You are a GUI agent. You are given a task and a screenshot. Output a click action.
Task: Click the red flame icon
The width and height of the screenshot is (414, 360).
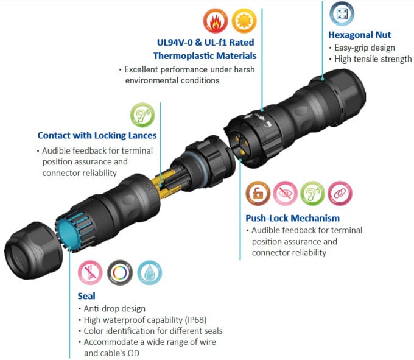coord(216,21)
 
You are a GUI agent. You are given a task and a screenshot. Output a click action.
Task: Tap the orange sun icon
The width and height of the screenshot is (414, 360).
coord(244,21)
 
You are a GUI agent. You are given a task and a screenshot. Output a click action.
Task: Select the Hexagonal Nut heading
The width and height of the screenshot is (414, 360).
coord(359,35)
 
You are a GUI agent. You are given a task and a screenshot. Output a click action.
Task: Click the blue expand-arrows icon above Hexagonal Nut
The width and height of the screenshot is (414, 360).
coord(342,13)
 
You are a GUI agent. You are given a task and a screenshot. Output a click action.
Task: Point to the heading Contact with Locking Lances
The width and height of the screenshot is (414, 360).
coord(97,135)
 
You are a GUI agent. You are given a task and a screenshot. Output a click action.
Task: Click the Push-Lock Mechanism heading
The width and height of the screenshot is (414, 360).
coord(293,218)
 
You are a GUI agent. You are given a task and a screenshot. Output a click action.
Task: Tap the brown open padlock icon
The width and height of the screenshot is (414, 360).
coord(258,194)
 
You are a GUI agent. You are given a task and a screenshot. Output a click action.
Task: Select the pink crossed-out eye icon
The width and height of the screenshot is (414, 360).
coord(285,194)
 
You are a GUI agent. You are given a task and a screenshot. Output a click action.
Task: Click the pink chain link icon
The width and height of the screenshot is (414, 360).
coord(340,194)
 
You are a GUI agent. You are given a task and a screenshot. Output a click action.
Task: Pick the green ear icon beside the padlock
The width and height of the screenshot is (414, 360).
coord(312,194)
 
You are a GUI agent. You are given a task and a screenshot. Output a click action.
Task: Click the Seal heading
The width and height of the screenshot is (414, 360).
coord(86,296)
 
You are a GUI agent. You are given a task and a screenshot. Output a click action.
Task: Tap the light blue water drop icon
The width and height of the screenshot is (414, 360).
coord(150,273)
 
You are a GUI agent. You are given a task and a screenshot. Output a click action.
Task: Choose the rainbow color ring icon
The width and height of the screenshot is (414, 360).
coord(120,273)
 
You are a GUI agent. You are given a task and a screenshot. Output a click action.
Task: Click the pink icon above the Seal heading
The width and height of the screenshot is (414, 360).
coord(90,273)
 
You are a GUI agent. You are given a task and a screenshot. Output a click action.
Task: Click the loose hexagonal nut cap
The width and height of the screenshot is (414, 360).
coord(33,250)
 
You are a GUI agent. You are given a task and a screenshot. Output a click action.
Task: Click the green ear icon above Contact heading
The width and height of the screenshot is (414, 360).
coord(142,115)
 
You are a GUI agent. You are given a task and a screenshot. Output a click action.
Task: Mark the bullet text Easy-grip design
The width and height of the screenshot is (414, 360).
coord(365,48)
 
